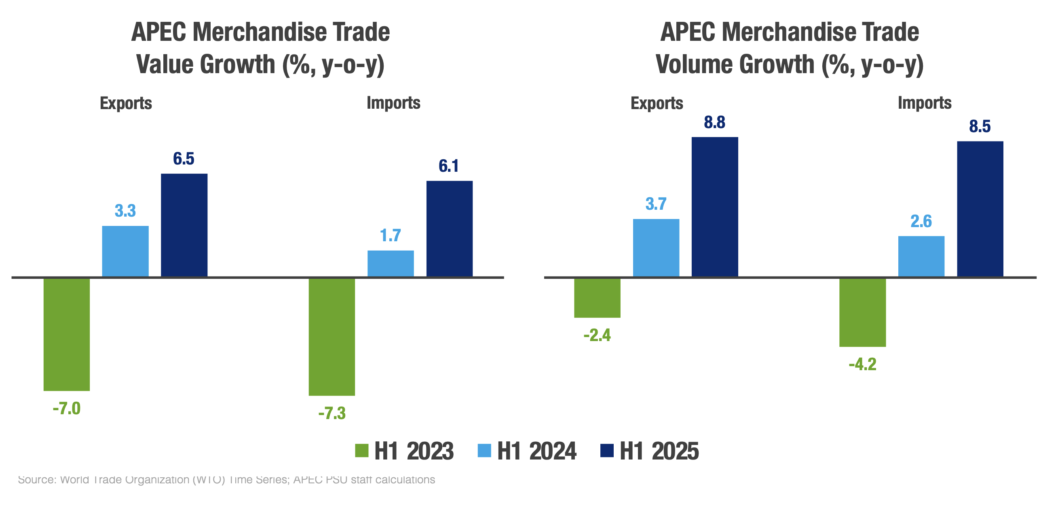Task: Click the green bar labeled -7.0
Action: click(x=67, y=334)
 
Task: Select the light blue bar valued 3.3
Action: click(x=125, y=251)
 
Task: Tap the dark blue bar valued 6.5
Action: click(x=184, y=225)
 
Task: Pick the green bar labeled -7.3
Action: click(x=332, y=337)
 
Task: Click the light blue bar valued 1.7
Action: click(x=391, y=263)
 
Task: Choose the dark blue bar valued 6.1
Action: click(x=449, y=229)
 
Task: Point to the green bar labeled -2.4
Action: click(x=597, y=298)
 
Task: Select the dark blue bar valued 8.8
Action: click(x=715, y=207)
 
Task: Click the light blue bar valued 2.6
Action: click(x=921, y=256)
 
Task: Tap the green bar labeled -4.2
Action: click(x=862, y=312)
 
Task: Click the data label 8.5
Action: click(x=980, y=126)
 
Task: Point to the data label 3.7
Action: click(x=656, y=204)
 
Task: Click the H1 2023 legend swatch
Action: click(x=362, y=451)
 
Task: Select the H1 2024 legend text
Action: click(x=536, y=451)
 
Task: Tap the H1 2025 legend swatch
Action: click(x=607, y=451)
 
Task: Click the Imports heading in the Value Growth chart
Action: click(x=393, y=103)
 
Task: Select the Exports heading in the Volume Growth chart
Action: click(x=657, y=103)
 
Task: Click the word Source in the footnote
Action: click(x=37, y=480)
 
